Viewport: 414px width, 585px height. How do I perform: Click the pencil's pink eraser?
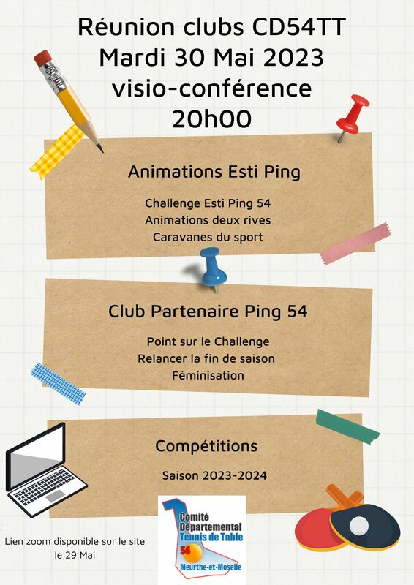pos(42,58)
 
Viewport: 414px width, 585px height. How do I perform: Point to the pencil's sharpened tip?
pos(101,151)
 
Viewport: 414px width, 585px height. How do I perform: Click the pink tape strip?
pos(355,244)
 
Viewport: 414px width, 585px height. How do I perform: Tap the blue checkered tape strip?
pos(59,384)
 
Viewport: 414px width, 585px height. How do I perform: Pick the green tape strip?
pos(347,426)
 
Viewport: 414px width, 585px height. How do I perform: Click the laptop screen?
pos(35,456)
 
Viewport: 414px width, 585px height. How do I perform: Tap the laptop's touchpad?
pos(55,496)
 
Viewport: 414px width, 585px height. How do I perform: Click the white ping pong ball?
pos(359,526)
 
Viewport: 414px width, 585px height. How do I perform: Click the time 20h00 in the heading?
pos(211,119)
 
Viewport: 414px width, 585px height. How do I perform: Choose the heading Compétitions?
pos(206,446)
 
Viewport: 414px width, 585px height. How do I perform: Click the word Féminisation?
pos(208,375)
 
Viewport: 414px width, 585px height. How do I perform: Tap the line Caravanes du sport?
pos(208,237)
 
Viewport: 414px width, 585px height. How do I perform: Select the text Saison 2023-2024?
pos(214,476)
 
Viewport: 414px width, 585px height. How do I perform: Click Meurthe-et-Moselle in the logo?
pos(211,567)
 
